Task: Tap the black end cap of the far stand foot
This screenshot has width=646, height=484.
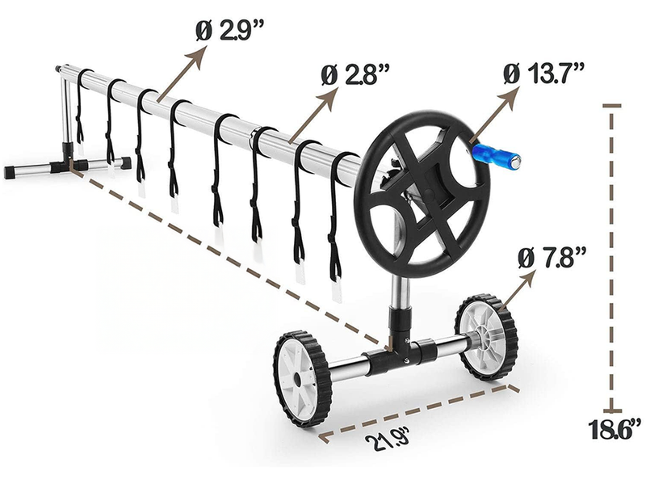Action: [x=11, y=171]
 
